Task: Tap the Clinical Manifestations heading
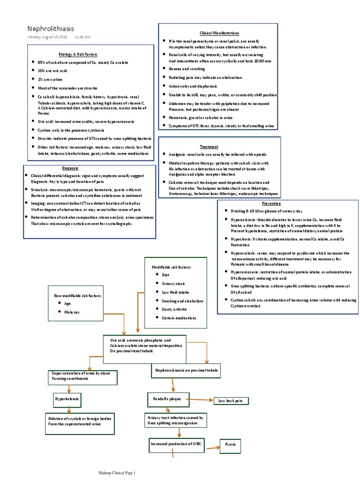pos(219,33)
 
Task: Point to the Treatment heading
pos(209,147)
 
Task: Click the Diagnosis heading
pos(70,168)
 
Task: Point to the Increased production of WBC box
pos(176,443)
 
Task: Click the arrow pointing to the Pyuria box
pos(212,448)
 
